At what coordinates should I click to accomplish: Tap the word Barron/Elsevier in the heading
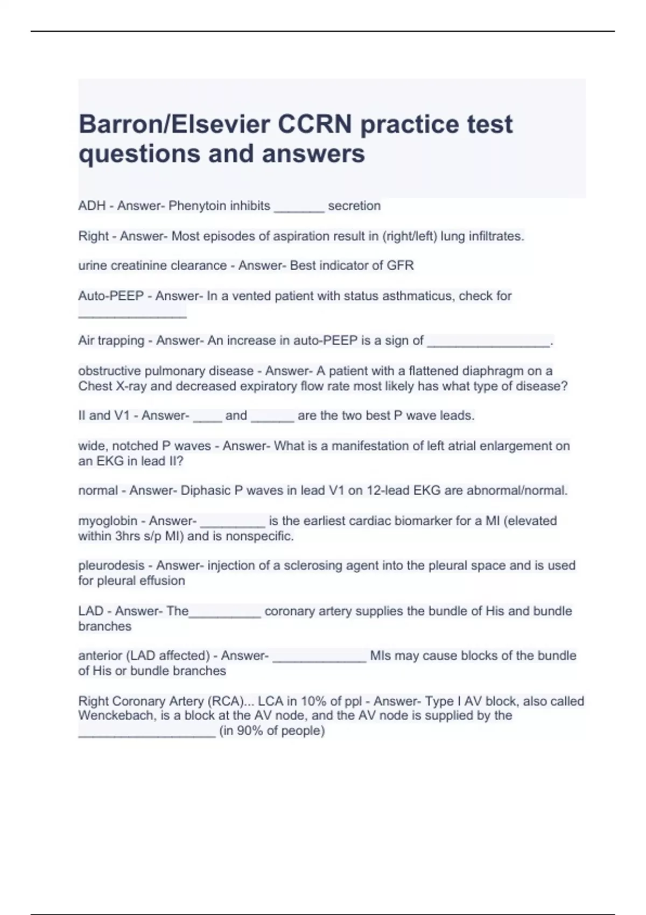click(x=174, y=124)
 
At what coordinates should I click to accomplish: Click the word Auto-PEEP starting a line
click(x=111, y=295)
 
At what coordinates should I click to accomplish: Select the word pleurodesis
click(x=111, y=565)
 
